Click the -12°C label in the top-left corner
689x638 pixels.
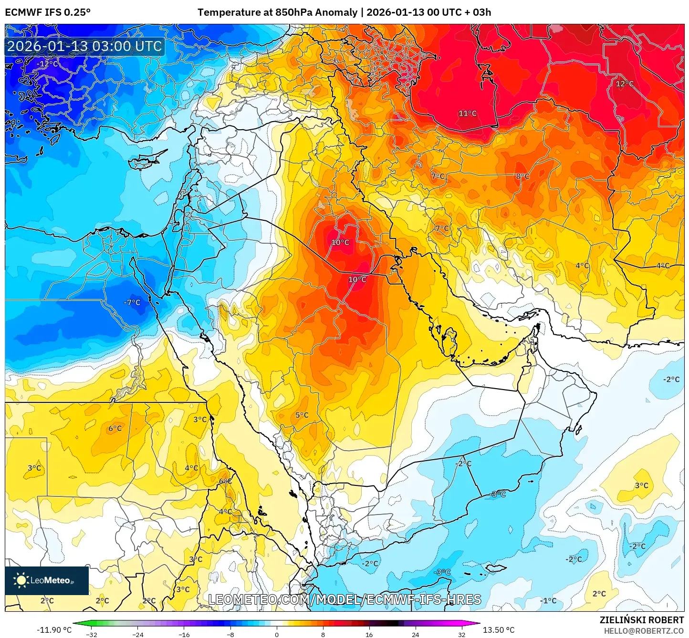[48, 64]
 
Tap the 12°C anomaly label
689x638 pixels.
[625, 84]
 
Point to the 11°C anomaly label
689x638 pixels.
[468, 113]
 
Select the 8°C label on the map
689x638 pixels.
[522, 176]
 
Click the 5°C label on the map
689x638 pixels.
[302, 415]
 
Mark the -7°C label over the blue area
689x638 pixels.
[132, 302]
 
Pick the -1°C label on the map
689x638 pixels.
[548, 601]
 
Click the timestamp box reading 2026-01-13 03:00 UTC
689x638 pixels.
[84, 47]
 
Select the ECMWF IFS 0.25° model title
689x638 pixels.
[48, 12]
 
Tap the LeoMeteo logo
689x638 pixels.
[47, 580]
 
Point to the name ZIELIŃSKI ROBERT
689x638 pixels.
[642, 620]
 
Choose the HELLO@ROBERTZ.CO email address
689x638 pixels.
[644, 631]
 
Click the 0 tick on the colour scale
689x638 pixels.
[277, 634]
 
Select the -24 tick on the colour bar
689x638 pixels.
[137, 634]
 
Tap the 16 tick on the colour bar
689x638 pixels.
[369, 634]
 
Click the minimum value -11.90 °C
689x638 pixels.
[54, 630]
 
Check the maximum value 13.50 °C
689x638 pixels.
[499, 630]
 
